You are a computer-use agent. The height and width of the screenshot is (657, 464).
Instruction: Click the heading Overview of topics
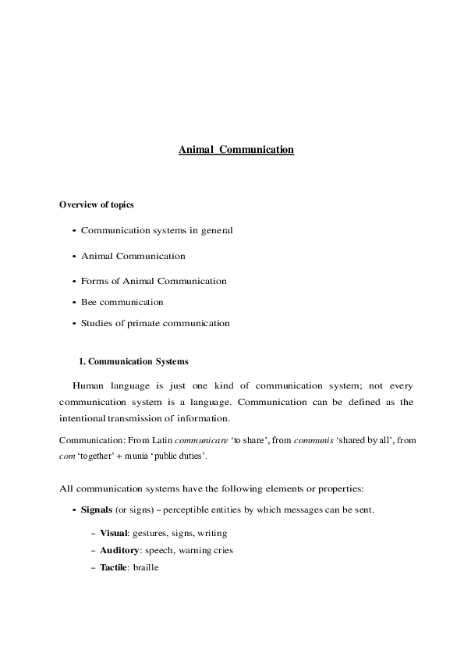point(97,205)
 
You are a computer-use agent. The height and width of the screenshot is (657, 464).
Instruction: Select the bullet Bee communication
point(122,301)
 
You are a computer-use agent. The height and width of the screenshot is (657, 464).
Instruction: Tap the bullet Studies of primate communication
point(155,322)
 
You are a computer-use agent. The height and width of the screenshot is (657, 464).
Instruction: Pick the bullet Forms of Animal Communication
point(154,280)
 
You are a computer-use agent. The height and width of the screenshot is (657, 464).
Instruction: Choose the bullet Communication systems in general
point(157,230)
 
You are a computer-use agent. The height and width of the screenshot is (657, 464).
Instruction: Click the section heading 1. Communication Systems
point(133,361)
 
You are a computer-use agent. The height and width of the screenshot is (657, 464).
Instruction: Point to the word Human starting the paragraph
point(87,385)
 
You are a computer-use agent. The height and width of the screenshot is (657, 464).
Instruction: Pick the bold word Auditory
point(119,550)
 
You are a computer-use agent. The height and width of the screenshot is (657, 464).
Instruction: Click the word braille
point(146,567)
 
